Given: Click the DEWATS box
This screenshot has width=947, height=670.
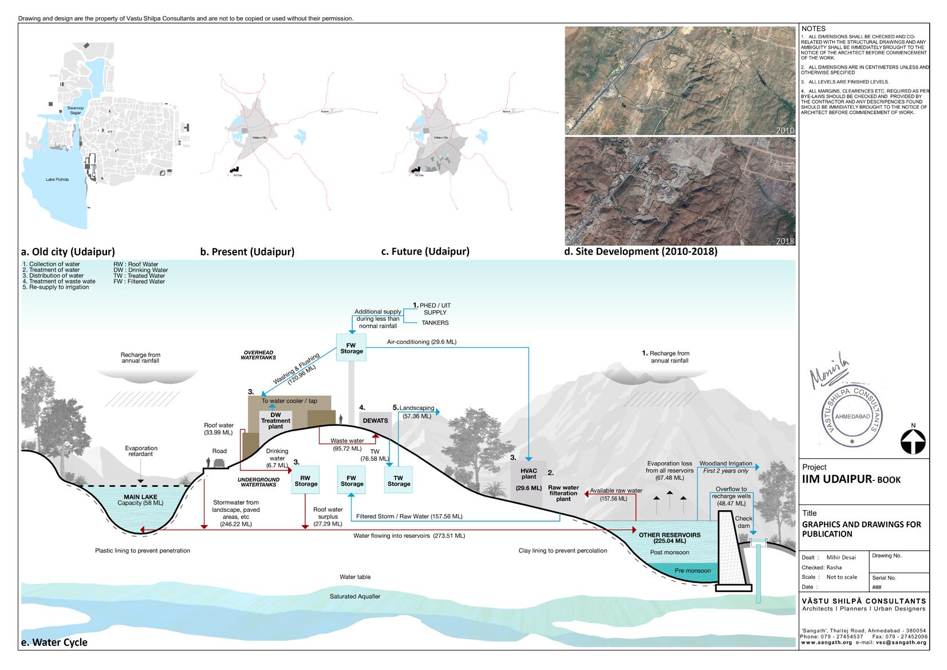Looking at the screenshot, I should click(375, 420).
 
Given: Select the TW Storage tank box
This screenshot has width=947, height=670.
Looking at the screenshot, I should click(398, 480).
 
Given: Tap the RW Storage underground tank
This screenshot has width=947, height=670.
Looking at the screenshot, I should click(306, 480).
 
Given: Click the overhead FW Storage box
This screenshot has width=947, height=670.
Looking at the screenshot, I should click(352, 348).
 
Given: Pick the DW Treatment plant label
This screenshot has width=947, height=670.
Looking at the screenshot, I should click(275, 420).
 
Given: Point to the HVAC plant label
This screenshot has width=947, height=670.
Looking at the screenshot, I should click(528, 474).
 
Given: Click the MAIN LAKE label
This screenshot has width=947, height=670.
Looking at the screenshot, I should click(140, 497).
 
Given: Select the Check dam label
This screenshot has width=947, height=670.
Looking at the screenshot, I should click(743, 522).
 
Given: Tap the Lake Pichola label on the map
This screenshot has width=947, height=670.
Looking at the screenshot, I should click(57, 179).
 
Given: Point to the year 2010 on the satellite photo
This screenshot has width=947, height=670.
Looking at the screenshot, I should click(785, 130).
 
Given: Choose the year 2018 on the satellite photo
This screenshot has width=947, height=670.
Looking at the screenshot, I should click(785, 241).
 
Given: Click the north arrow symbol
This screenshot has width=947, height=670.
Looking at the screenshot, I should click(913, 442).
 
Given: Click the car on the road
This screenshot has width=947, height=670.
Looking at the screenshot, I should click(219, 462).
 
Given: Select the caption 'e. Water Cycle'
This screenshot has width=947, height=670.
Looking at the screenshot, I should click(54, 642).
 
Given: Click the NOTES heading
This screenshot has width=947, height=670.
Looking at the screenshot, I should click(814, 29).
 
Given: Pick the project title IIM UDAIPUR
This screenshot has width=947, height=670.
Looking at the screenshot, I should click(851, 479).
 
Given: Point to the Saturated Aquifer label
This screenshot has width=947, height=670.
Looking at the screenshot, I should click(355, 596).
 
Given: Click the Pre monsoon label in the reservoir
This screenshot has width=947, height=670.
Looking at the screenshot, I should click(692, 570).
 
